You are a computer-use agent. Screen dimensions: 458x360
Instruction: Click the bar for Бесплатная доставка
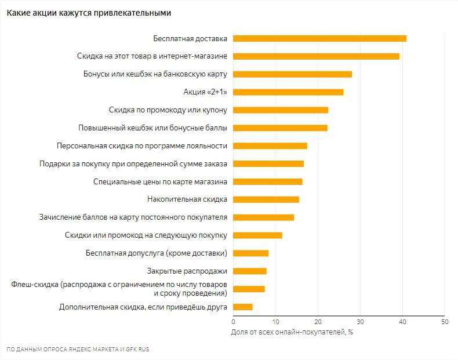(319, 38)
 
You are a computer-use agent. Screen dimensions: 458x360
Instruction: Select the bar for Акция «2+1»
(288, 92)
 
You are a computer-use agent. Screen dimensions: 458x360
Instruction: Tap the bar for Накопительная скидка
(266, 199)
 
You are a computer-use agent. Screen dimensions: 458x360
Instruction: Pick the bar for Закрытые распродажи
(250, 271)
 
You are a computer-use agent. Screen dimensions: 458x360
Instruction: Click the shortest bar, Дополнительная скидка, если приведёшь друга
(243, 307)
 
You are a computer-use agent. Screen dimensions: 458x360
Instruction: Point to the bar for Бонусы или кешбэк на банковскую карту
(292, 74)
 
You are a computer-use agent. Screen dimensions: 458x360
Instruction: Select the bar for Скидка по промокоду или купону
(281, 110)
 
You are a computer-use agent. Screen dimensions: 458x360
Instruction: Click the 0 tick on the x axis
(233, 322)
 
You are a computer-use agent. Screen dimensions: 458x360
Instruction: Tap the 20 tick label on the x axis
(318, 322)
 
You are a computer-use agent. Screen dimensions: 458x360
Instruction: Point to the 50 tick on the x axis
(445, 322)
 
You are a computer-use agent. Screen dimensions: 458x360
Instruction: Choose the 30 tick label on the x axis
(360, 322)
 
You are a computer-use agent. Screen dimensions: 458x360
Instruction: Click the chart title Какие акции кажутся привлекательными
(89, 13)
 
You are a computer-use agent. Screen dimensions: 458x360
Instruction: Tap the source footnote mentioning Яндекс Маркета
(78, 349)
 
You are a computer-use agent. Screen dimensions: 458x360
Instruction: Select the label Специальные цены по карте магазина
(160, 181)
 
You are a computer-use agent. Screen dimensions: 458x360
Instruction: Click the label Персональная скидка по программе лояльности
(141, 146)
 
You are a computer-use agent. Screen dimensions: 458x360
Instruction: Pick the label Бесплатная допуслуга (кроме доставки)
(157, 253)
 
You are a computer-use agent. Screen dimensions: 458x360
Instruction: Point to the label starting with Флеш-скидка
(119, 289)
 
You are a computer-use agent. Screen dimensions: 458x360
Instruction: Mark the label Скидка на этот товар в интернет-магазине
(152, 56)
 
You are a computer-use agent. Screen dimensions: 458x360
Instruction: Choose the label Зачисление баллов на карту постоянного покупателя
(133, 217)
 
